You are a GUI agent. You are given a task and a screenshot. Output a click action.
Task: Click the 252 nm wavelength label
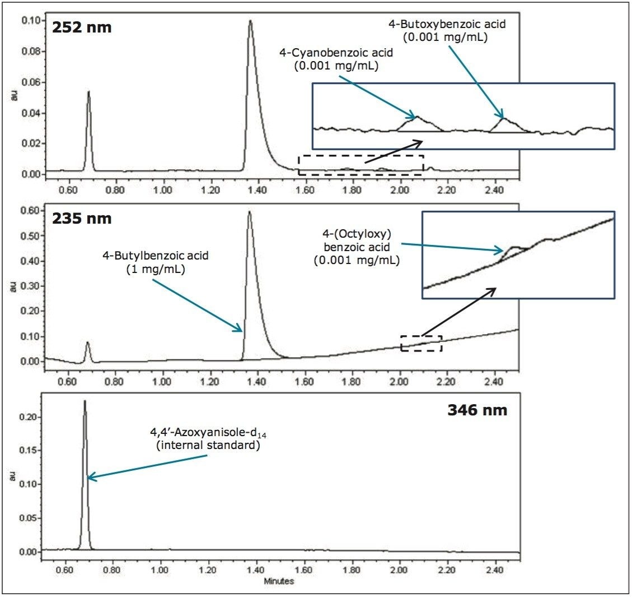[82, 27]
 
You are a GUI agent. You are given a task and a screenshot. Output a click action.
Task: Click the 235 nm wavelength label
[82, 218]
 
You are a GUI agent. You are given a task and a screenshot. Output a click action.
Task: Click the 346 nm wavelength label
[477, 410]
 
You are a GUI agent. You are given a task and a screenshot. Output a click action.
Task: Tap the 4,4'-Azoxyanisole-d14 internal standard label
[203, 441]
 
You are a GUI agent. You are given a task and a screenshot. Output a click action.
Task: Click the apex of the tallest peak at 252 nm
[250, 21]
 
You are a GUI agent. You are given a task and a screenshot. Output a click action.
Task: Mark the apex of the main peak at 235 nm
[249, 212]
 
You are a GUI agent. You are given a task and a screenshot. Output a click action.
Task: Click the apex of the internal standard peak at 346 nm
[85, 401]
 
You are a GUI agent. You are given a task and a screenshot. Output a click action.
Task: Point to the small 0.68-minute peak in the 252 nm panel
[88, 92]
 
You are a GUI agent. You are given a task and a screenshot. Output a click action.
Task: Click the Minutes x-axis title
[279, 581]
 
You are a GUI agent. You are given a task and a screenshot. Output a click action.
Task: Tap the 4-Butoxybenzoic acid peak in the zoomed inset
[503, 118]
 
